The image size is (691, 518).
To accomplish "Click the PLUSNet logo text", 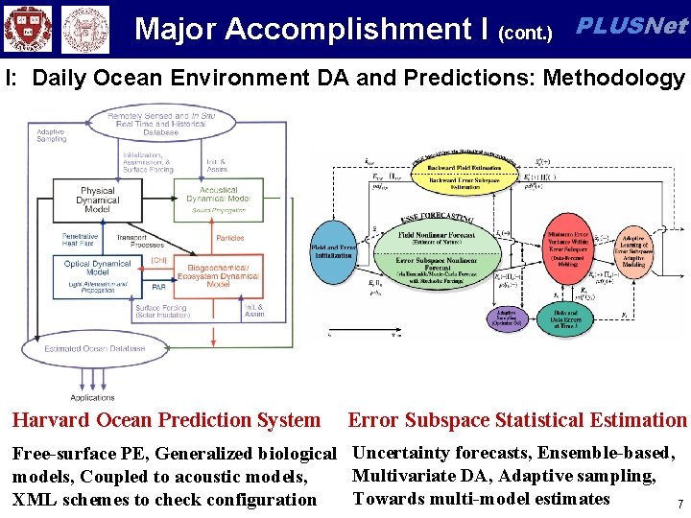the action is [x=631, y=26].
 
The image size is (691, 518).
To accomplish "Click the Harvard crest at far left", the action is [x=25, y=30].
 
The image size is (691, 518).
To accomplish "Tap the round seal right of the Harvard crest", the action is [x=84, y=30].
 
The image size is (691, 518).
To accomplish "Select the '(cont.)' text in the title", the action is [x=526, y=34].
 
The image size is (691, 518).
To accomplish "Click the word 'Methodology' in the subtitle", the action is [x=614, y=78].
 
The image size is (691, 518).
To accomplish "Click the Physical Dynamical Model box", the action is [x=97, y=200].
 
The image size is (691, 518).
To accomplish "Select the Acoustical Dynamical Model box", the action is [x=219, y=200].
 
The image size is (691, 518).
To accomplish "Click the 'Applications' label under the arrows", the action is [x=92, y=397].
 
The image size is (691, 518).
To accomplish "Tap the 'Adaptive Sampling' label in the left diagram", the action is [x=52, y=134].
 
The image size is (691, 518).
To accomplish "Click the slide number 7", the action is [x=679, y=504].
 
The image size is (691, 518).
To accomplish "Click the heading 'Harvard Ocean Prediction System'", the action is [x=166, y=420].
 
